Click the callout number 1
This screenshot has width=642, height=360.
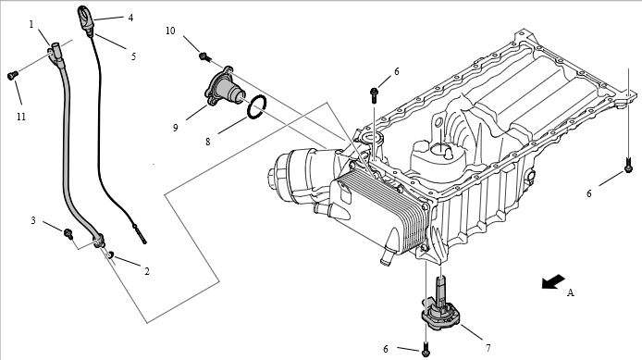[x=31, y=25]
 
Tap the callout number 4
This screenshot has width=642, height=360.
[x=130, y=18]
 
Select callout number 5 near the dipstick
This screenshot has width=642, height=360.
[x=133, y=56]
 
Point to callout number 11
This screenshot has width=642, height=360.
[x=21, y=117]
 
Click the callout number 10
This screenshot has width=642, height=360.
[x=170, y=31]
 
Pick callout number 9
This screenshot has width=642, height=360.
[x=175, y=128]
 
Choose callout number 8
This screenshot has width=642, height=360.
[x=207, y=142]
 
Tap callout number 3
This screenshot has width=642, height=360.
[x=33, y=220]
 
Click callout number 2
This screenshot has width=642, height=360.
[x=147, y=271]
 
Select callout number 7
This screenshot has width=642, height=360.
[x=488, y=348]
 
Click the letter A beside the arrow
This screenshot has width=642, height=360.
[x=571, y=292]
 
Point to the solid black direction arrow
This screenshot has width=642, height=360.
[x=553, y=281]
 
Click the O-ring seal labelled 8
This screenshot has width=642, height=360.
[x=257, y=107]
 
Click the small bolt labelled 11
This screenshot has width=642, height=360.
[x=13, y=75]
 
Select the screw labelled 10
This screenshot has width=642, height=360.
[x=204, y=56]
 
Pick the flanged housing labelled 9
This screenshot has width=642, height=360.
[x=225, y=87]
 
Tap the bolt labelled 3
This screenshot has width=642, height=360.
[x=68, y=234]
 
